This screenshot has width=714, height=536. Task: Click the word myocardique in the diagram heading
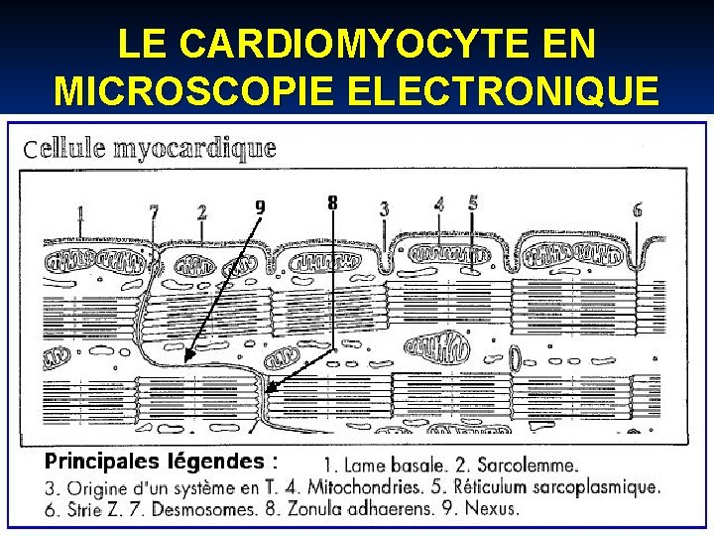[x=194, y=149]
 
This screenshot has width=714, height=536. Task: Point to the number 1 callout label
[x=78, y=211]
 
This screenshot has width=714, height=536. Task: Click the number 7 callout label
[x=154, y=211]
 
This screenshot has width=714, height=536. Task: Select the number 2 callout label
[x=201, y=211]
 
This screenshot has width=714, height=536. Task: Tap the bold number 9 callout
[x=260, y=206]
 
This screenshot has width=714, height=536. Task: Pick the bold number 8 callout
[x=332, y=202]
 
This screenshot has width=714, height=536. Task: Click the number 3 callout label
[x=384, y=209]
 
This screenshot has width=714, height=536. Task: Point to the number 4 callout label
[x=438, y=203]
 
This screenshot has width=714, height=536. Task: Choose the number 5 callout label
[x=473, y=202]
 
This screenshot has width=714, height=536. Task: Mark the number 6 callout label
[x=637, y=209]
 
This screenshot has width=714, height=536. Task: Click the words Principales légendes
[x=155, y=461]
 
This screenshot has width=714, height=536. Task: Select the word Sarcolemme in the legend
[x=528, y=465]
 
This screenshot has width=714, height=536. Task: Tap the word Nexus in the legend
[x=492, y=509]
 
